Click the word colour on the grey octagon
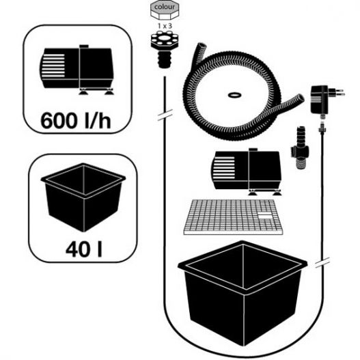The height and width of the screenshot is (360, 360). click(x=165, y=7)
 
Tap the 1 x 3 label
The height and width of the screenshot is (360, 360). click(x=165, y=26)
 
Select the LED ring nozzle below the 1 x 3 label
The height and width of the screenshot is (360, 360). click(x=165, y=49)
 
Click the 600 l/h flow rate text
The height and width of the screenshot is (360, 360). click(x=76, y=120)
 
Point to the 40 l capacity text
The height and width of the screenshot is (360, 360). click(x=84, y=249)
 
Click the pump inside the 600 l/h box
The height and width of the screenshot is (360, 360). click(x=77, y=70)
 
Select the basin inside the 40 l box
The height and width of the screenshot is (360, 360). click(x=83, y=197)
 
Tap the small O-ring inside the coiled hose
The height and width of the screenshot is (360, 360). click(x=234, y=95)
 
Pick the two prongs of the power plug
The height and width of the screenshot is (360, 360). click(x=340, y=92)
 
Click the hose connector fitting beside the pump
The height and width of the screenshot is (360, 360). click(x=301, y=148)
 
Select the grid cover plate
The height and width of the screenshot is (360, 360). click(x=233, y=217)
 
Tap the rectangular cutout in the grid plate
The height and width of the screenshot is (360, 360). click(x=265, y=216)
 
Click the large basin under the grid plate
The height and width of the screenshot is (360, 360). click(x=243, y=293)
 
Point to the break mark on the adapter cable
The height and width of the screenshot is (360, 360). click(x=322, y=262)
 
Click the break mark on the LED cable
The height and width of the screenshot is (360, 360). click(x=165, y=115)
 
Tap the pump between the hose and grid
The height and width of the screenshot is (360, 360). click(x=246, y=171)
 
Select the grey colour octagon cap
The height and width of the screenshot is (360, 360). click(x=165, y=10)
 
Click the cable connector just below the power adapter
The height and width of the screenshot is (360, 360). click(x=322, y=128)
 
